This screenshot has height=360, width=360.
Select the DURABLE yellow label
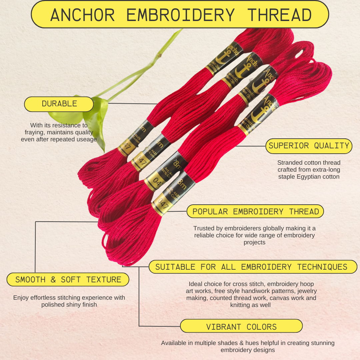[x=59, y=104]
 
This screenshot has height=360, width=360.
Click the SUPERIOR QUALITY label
[x=309, y=146]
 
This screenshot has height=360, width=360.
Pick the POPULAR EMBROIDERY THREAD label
[x=255, y=211]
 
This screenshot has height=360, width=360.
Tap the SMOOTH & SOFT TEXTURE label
[x=68, y=279]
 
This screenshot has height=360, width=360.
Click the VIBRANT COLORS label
[x=241, y=327]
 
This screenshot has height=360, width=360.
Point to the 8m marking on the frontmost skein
[x=182, y=183]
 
